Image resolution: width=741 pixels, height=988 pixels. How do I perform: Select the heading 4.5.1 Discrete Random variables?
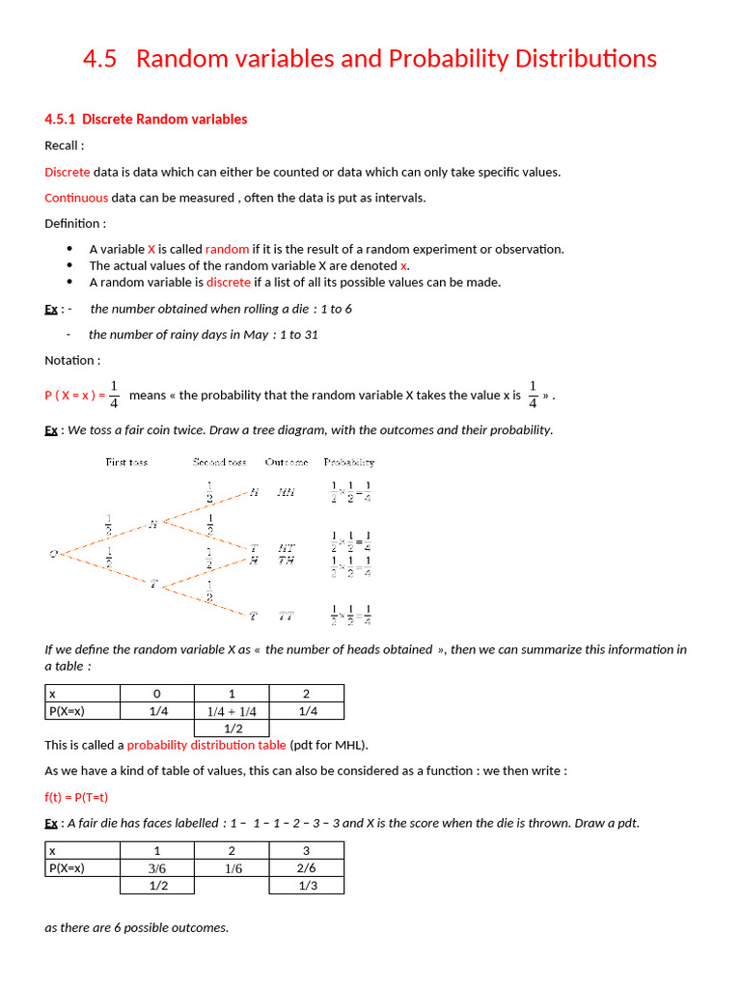146,120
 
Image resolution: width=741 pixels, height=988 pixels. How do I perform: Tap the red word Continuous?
76,198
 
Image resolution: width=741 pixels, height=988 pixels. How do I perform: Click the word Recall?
63,146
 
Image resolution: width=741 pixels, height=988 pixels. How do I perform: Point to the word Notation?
70,360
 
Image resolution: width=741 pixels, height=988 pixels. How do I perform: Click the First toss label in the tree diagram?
126,462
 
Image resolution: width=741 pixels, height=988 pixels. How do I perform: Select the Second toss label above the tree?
219,462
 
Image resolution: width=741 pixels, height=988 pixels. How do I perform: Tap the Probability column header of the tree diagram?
349,462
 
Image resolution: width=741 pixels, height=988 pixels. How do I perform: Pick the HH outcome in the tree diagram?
286,492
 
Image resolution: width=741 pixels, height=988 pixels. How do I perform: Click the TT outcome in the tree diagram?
287,615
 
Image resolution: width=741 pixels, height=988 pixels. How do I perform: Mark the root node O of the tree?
54,553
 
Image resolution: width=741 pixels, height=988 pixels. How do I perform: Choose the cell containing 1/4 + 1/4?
232,711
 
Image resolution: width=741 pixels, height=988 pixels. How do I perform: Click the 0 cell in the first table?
156,694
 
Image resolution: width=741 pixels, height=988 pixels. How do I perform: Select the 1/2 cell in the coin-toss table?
232,728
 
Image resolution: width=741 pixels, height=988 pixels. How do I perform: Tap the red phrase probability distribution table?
206,745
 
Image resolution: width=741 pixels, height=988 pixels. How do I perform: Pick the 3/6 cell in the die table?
156,867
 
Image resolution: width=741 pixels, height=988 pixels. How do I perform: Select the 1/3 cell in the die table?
307,885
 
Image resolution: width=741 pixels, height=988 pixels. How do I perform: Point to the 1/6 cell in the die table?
232,867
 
